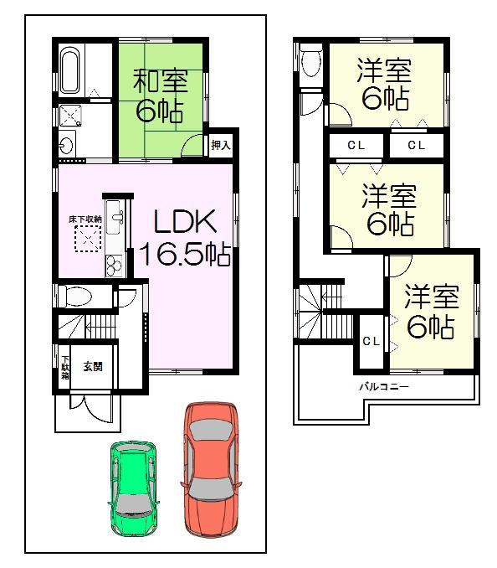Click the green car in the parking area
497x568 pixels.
pos(134,487)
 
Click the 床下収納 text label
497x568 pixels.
pos(85,219)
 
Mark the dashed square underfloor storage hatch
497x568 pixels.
pos(86,241)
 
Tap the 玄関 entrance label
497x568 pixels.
pos(91,366)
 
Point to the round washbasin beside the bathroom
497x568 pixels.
pos(68,145)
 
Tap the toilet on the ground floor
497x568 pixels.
pos(75,296)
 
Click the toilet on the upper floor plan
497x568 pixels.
pos(311,60)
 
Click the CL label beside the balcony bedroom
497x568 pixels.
pos(370,341)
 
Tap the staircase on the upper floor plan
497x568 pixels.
pos(322,310)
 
